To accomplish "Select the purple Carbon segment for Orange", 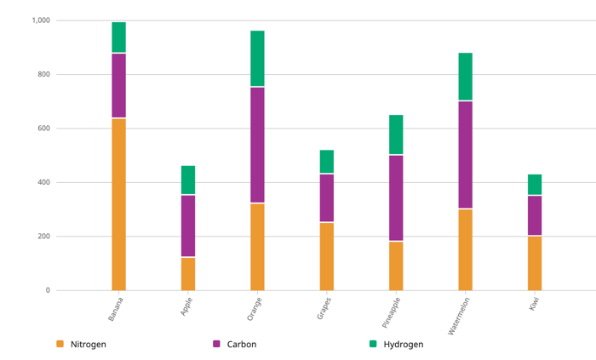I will [257, 145].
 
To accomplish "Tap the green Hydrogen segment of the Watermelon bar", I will [465, 77].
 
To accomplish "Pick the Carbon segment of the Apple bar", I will [188, 226].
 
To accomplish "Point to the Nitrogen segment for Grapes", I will [327, 256].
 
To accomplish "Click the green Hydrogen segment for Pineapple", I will [396, 134].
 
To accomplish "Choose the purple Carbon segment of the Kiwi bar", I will [535, 215].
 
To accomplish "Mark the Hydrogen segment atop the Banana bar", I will [118, 37].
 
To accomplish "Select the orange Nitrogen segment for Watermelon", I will [465, 249].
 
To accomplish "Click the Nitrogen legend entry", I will [88, 345].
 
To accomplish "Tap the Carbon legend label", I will [241, 345].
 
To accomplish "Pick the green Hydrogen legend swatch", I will [373, 344].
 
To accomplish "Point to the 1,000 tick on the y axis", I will [41, 20].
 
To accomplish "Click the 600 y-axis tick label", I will [43, 129].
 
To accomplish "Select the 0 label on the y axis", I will [48, 290].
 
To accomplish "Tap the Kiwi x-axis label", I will [535, 303].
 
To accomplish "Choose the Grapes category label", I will [324, 306].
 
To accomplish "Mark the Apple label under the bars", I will [186, 306].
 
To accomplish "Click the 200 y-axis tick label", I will [43, 237].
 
